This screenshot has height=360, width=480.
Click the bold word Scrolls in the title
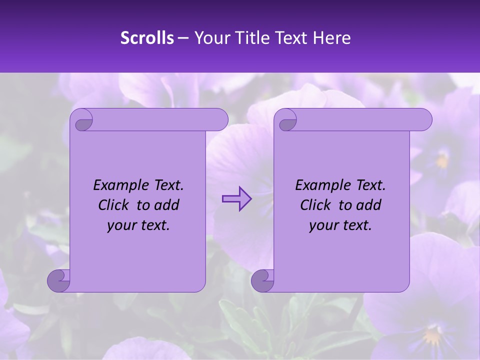(147, 38)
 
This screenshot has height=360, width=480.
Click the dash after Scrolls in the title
(183, 38)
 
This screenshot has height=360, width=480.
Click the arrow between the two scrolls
(236, 199)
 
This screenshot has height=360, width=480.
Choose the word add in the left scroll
(167, 205)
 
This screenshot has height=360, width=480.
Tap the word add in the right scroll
(369, 205)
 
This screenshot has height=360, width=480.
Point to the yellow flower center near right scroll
(441, 160)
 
